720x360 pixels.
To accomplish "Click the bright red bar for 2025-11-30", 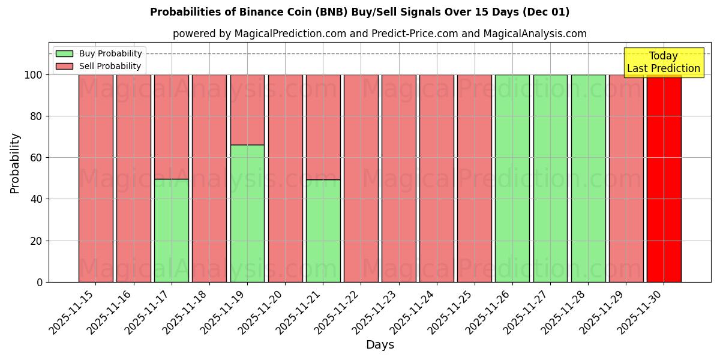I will (664, 178).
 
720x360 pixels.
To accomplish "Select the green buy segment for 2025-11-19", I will (247, 213).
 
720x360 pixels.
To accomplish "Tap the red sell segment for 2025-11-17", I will (172, 127).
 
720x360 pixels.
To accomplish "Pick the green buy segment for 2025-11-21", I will (323, 230).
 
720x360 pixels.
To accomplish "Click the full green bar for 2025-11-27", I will (550, 178).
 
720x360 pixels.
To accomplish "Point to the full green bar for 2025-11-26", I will (512, 178).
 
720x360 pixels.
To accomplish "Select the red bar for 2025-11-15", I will (95, 178).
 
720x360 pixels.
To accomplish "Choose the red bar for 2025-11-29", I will (626, 178).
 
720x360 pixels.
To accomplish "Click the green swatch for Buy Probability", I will (64, 54).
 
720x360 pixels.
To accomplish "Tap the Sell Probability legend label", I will (110, 67).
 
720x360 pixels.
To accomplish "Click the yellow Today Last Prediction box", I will (663, 62).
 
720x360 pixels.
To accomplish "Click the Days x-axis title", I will (380, 345).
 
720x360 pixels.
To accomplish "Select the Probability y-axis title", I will (15, 163).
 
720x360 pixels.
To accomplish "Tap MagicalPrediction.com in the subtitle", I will (289, 34).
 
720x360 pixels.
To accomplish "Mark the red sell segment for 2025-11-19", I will (247, 110).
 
